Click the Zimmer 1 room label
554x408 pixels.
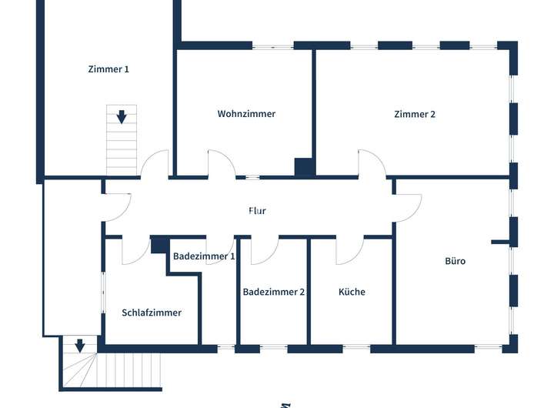108,69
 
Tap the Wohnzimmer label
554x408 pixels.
246,114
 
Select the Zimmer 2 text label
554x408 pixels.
415,114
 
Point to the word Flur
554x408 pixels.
257,210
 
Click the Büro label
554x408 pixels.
456,261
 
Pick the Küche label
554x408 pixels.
352,292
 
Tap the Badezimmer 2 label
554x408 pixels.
274,292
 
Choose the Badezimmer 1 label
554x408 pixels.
204,256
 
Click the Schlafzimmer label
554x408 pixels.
152,313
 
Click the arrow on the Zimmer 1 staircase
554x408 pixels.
122,117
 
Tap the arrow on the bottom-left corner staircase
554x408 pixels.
79,346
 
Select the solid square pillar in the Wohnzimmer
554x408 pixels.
305,167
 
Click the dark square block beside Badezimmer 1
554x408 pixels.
160,246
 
